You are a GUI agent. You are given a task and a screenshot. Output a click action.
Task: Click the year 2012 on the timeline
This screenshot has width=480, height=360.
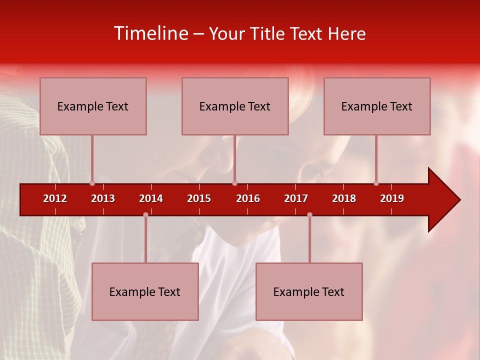55,198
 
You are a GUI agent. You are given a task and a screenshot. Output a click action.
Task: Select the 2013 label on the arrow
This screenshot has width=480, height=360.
103,198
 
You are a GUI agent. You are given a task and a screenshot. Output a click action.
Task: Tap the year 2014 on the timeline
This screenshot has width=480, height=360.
151,198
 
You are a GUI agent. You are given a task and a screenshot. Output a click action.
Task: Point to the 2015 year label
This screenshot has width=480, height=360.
199,198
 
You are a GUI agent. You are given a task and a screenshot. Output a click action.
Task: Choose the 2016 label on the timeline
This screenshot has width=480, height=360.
248,198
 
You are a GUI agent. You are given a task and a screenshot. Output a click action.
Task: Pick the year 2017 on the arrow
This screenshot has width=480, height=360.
296,198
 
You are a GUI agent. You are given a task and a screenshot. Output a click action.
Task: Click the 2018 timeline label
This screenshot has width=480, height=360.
344,198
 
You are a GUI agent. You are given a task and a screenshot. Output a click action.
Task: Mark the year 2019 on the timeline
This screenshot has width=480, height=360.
392,198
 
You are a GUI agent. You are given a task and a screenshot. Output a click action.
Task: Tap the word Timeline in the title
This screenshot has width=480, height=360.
150,33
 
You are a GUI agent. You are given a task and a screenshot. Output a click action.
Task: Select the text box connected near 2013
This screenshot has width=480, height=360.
93,106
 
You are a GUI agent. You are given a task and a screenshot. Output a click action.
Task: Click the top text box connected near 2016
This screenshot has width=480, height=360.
235,106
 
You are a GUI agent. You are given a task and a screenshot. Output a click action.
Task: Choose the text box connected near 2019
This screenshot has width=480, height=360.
377,106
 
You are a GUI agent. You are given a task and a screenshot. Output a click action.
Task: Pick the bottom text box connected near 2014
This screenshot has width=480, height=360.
145,291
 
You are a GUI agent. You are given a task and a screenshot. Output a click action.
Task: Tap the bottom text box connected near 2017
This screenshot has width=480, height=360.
309,291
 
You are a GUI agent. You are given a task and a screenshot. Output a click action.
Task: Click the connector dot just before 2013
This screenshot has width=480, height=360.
92,183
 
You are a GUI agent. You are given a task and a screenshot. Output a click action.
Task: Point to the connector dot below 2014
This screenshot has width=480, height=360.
145,214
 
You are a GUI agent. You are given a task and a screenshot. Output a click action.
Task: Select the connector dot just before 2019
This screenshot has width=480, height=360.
376,183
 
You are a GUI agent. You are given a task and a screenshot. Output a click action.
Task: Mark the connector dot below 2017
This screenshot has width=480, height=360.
309,214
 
